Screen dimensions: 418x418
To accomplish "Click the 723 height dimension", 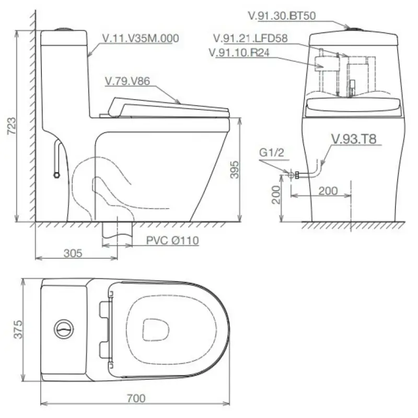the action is [11, 126].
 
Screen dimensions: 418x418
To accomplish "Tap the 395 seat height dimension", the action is [235, 169].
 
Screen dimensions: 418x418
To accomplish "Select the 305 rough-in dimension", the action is [73, 253].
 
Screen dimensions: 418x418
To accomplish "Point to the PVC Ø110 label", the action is [172, 240].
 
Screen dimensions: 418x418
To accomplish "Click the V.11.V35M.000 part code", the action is [141, 38].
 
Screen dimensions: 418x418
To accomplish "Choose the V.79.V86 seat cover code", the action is [127, 81].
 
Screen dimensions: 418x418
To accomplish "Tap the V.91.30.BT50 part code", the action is [282, 16].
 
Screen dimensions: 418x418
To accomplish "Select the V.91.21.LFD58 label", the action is [251, 38].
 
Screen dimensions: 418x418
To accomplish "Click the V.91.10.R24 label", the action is [239, 53].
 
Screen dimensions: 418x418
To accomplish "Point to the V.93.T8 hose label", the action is [354, 139].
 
